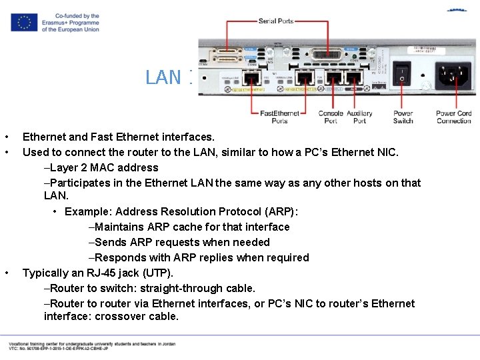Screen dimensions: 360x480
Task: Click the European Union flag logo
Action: pyautogui.click(x=24, y=23)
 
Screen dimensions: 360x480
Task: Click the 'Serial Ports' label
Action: pyautogui.click(x=276, y=21)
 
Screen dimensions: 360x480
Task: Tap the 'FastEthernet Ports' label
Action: pyautogui.click(x=279, y=117)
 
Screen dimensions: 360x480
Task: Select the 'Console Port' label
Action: pyautogui.click(x=331, y=117)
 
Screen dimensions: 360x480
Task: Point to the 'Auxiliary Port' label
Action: pyautogui.click(x=359, y=117)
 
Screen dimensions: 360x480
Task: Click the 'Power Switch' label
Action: pyautogui.click(x=403, y=117)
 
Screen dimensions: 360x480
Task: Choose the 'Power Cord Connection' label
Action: pyautogui.click(x=453, y=117)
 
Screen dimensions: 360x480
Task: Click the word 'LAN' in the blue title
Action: pyautogui.click(x=163, y=77)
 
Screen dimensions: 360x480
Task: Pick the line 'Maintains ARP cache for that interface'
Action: pyautogui.click(x=189, y=227)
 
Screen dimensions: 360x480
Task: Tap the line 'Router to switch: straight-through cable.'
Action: pyautogui.click(x=149, y=288)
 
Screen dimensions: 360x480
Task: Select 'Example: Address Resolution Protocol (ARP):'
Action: pyautogui.click(x=181, y=211)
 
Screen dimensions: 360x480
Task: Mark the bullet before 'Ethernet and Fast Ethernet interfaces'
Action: pyautogui.click(x=7, y=137)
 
